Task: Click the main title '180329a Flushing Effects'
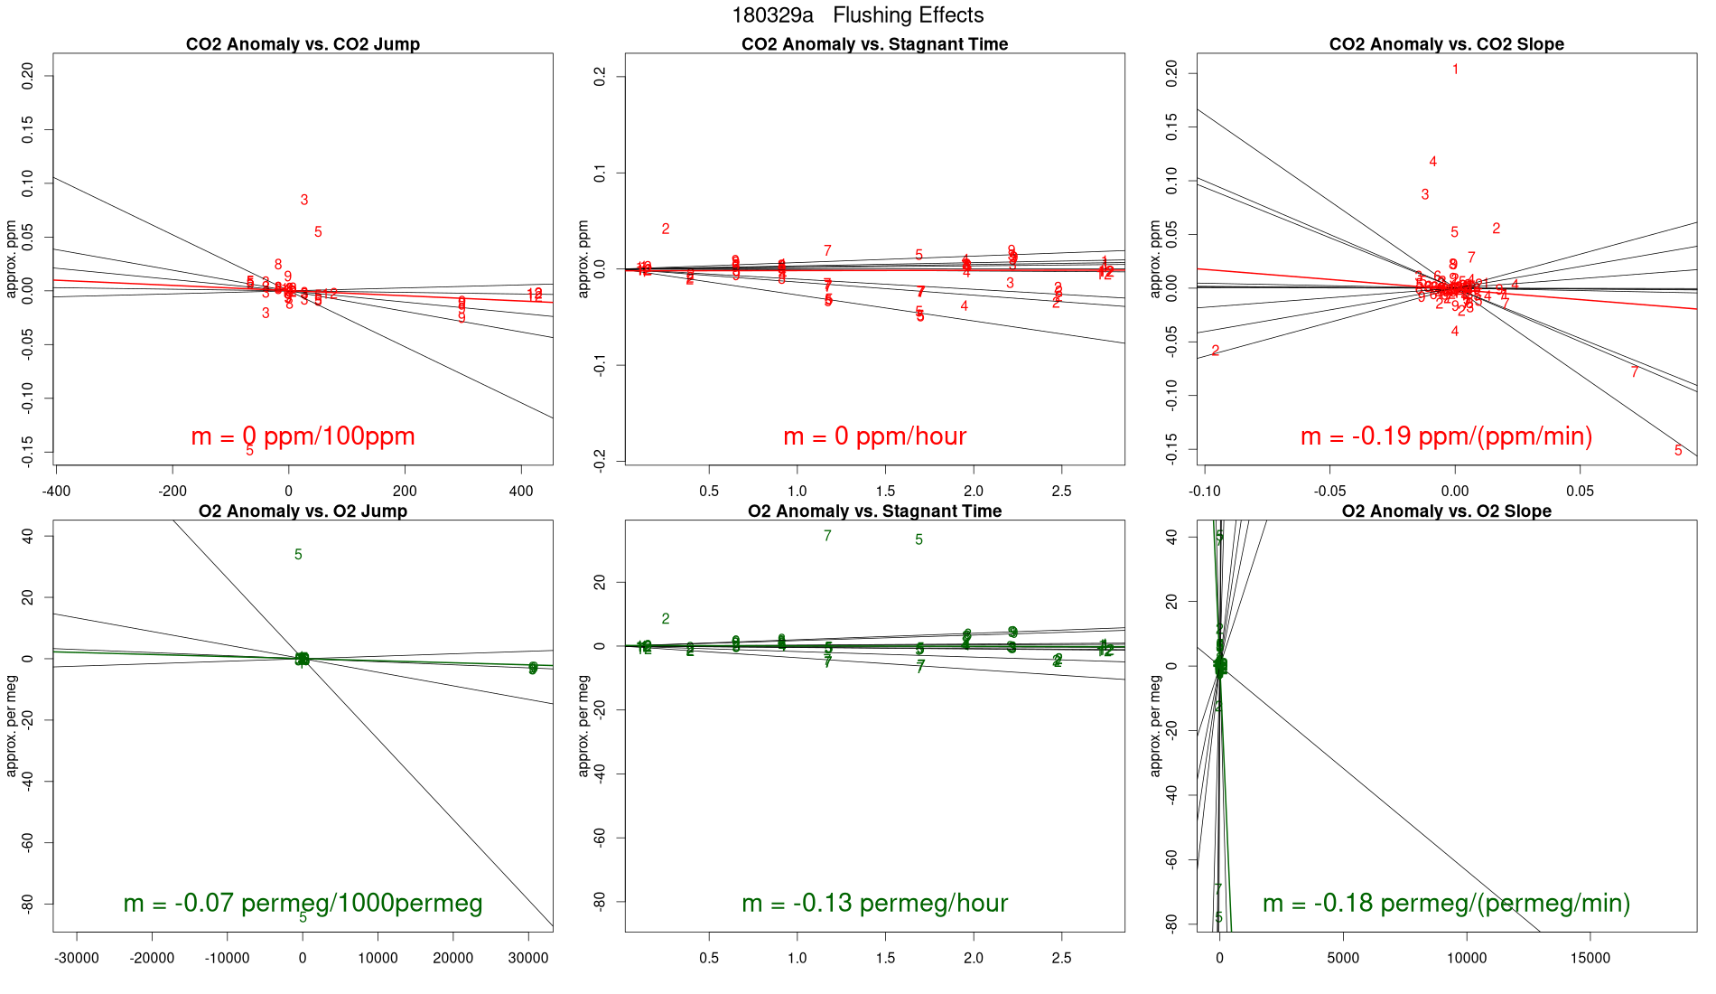click(857, 15)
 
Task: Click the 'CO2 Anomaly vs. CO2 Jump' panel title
click(303, 44)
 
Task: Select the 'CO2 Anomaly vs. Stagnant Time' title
click(874, 44)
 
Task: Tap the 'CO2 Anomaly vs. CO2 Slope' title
click(1446, 44)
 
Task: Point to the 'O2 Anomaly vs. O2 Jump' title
click(303, 511)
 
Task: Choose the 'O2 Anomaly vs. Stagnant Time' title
click(874, 511)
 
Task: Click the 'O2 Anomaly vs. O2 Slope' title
click(1446, 511)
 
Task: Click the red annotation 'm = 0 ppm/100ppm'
click(303, 436)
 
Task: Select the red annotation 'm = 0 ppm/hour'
click(874, 436)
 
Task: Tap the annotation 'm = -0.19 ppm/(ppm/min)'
click(1446, 436)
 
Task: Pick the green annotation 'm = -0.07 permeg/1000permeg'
click(303, 904)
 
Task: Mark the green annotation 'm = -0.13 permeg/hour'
click(874, 904)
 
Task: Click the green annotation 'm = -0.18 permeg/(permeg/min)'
click(1446, 904)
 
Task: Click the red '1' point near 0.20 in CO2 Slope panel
click(1455, 70)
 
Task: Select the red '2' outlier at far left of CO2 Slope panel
click(1216, 351)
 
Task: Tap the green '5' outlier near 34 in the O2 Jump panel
click(298, 555)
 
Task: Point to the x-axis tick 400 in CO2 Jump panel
click(521, 492)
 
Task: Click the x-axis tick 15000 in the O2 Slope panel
click(1590, 959)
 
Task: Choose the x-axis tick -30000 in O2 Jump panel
click(77, 959)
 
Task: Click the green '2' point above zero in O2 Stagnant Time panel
click(666, 619)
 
